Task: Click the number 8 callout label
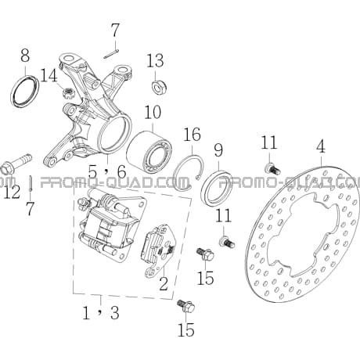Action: [x=25, y=55]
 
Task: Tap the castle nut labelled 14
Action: [x=68, y=92]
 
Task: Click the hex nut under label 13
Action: [x=160, y=87]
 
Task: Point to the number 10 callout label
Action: [x=153, y=113]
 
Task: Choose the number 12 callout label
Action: [x=12, y=192]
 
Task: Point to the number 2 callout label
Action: [x=164, y=283]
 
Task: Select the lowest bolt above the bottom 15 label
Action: [x=185, y=306]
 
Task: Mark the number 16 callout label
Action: [x=192, y=135]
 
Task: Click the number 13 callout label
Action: [x=155, y=61]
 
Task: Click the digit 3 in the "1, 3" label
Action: [x=114, y=313]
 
